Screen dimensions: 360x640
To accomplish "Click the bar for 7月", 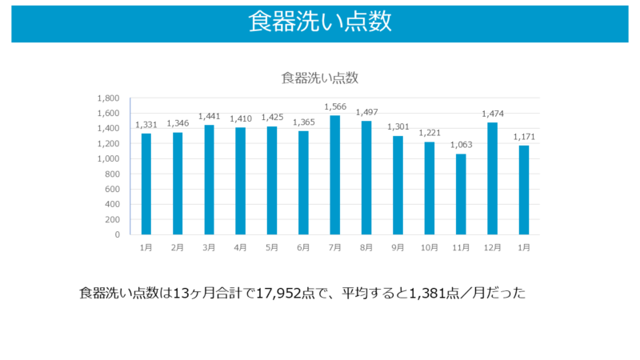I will (334, 175).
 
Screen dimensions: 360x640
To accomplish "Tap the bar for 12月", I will (492, 178).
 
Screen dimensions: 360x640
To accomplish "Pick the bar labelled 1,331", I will (146, 184).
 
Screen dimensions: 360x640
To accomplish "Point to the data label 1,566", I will (334, 107).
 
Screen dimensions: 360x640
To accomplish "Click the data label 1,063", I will (460, 145).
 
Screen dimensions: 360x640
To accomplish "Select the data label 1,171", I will (523, 137).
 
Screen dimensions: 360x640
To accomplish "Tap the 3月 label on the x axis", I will (209, 248).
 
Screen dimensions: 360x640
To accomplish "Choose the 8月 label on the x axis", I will (366, 248).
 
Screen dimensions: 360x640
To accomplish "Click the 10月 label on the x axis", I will (429, 248).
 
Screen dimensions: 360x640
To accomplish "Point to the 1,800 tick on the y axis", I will (108, 98).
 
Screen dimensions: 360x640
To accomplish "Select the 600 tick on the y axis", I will (111, 190).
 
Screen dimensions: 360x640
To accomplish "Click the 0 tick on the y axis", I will (117, 235).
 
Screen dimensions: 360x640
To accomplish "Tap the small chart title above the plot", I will (319, 78).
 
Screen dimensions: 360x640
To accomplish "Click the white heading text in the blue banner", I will (319, 22).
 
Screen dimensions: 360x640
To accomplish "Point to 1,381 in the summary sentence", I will (426, 294).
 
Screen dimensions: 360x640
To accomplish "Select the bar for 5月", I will (272, 181).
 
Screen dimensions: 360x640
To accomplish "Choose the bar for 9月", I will (398, 186).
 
